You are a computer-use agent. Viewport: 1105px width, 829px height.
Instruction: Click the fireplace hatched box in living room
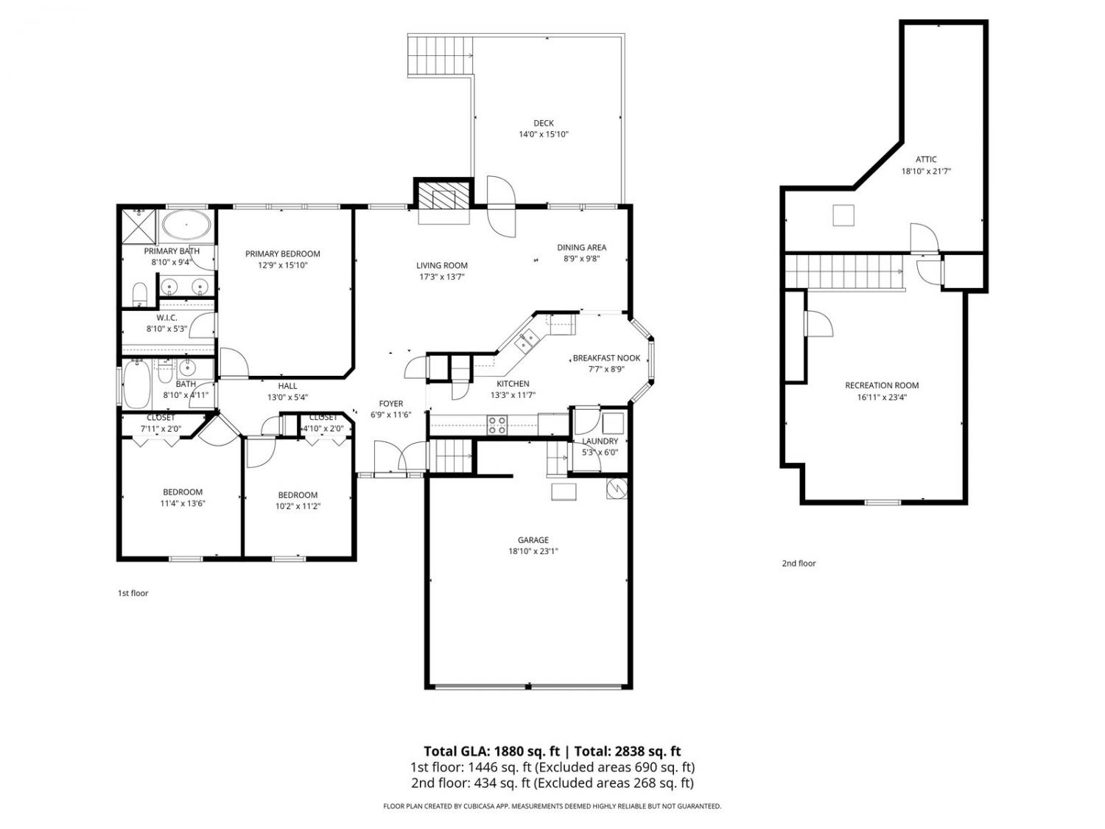[438, 195]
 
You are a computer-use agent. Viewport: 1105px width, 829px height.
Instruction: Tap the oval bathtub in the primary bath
[186, 225]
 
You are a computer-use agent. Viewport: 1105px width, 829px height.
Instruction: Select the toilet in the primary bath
[139, 295]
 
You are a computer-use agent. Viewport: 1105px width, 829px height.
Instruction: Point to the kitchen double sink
[527, 340]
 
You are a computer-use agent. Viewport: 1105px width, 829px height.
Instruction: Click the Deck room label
[543, 123]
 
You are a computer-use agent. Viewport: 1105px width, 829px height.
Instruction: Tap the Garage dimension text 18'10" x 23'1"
[533, 550]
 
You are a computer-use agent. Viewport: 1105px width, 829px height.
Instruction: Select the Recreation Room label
[882, 385]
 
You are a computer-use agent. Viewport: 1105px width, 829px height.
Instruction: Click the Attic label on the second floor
[926, 160]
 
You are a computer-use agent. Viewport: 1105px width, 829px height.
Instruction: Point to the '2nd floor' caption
[799, 563]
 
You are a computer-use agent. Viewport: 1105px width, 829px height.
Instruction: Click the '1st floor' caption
[133, 593]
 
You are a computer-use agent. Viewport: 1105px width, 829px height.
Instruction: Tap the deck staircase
[441, 56]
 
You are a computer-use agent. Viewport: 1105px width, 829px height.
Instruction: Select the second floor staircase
[845, 272]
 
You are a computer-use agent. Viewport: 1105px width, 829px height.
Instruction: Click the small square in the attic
[843, 215]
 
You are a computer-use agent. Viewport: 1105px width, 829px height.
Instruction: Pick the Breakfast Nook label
[606, 358]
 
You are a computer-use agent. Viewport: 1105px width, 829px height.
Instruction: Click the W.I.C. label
[166, 318]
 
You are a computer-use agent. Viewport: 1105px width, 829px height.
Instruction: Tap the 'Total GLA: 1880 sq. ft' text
[491, 751]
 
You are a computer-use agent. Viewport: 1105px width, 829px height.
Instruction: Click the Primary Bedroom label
[282, 253]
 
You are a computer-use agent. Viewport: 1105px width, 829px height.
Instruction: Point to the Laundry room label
[600, 441]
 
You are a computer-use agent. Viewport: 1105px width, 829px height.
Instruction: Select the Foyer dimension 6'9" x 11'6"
[391, 415]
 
